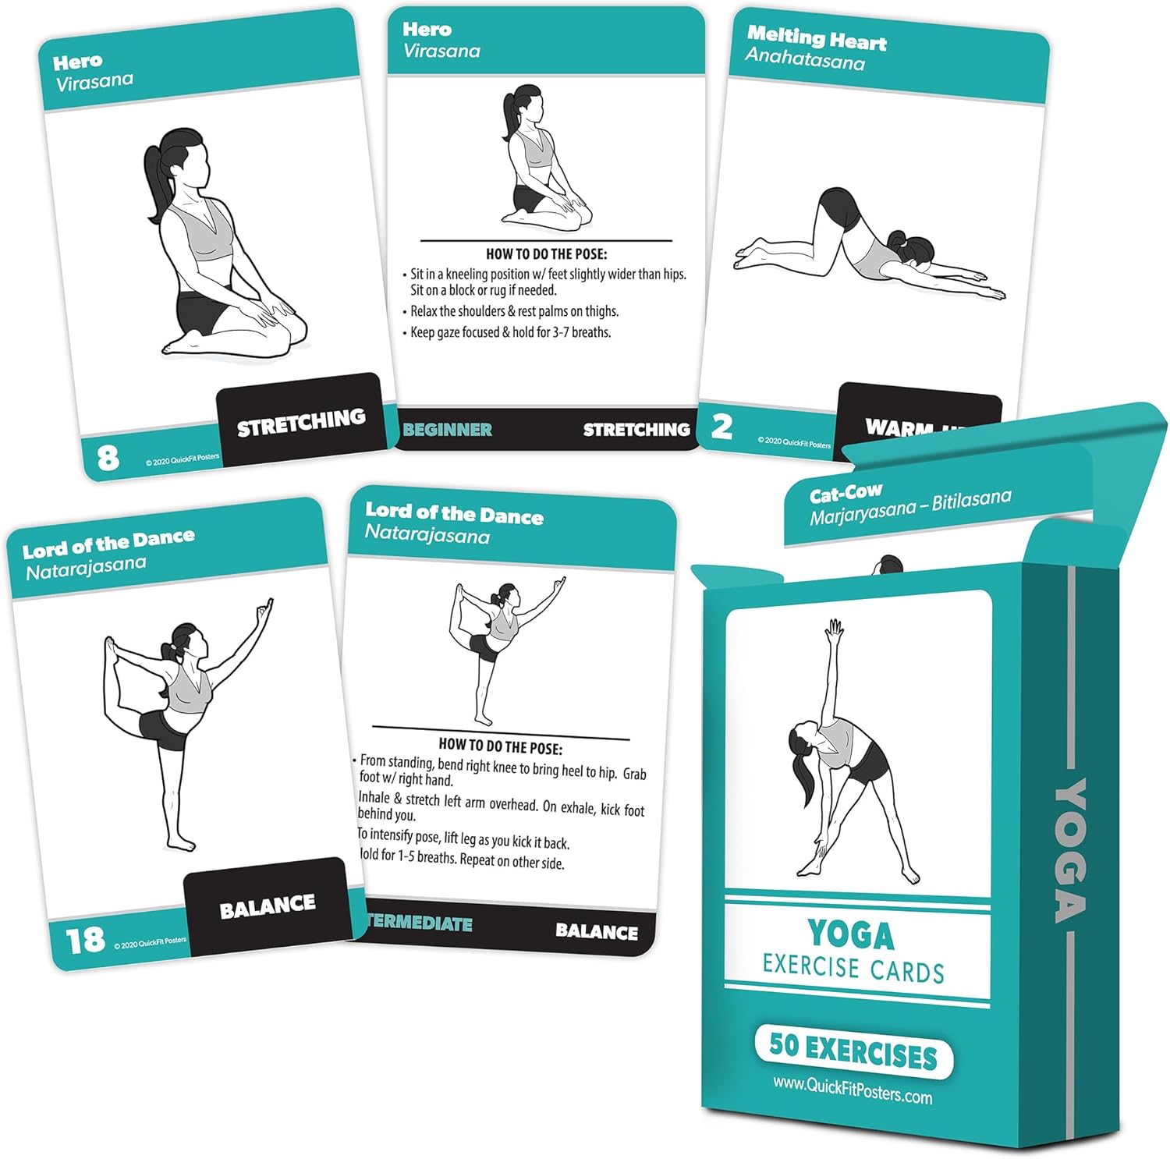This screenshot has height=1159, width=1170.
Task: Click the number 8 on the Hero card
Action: click(x=108, y=457)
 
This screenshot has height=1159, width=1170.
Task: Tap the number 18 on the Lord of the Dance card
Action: click(x=85, y=940)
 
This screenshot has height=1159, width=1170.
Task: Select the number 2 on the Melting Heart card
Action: click(x=722, y=427)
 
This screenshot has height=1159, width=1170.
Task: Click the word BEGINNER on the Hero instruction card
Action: click(x=448, y=430)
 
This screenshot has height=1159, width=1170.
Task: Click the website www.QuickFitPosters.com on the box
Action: click(x=853, y=1090)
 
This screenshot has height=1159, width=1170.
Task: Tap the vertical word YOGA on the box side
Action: click(x=1071, y=850)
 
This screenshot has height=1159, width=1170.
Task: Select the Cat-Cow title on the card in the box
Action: click(x=846, y=494)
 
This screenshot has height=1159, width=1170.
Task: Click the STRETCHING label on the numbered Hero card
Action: click(x=301, y=422)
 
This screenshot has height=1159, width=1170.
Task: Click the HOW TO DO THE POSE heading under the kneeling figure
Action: click(x=546, y=253)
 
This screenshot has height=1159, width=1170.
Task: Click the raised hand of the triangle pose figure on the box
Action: click(x=835, y=628)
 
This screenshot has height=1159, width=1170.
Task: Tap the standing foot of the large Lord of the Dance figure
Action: click(x=182, y=844)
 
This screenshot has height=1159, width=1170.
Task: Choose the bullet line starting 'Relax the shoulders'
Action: click(x=514, y=311)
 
